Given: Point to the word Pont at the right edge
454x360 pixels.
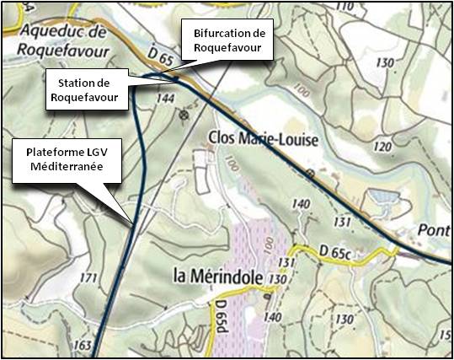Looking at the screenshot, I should (434, 231).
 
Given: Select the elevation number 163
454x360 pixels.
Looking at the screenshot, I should (82, 345).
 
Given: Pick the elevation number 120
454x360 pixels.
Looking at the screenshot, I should (382, 148).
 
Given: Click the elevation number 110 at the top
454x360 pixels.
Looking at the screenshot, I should (344, 7).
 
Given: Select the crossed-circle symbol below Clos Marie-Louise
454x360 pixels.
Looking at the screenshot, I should (310, 173).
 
